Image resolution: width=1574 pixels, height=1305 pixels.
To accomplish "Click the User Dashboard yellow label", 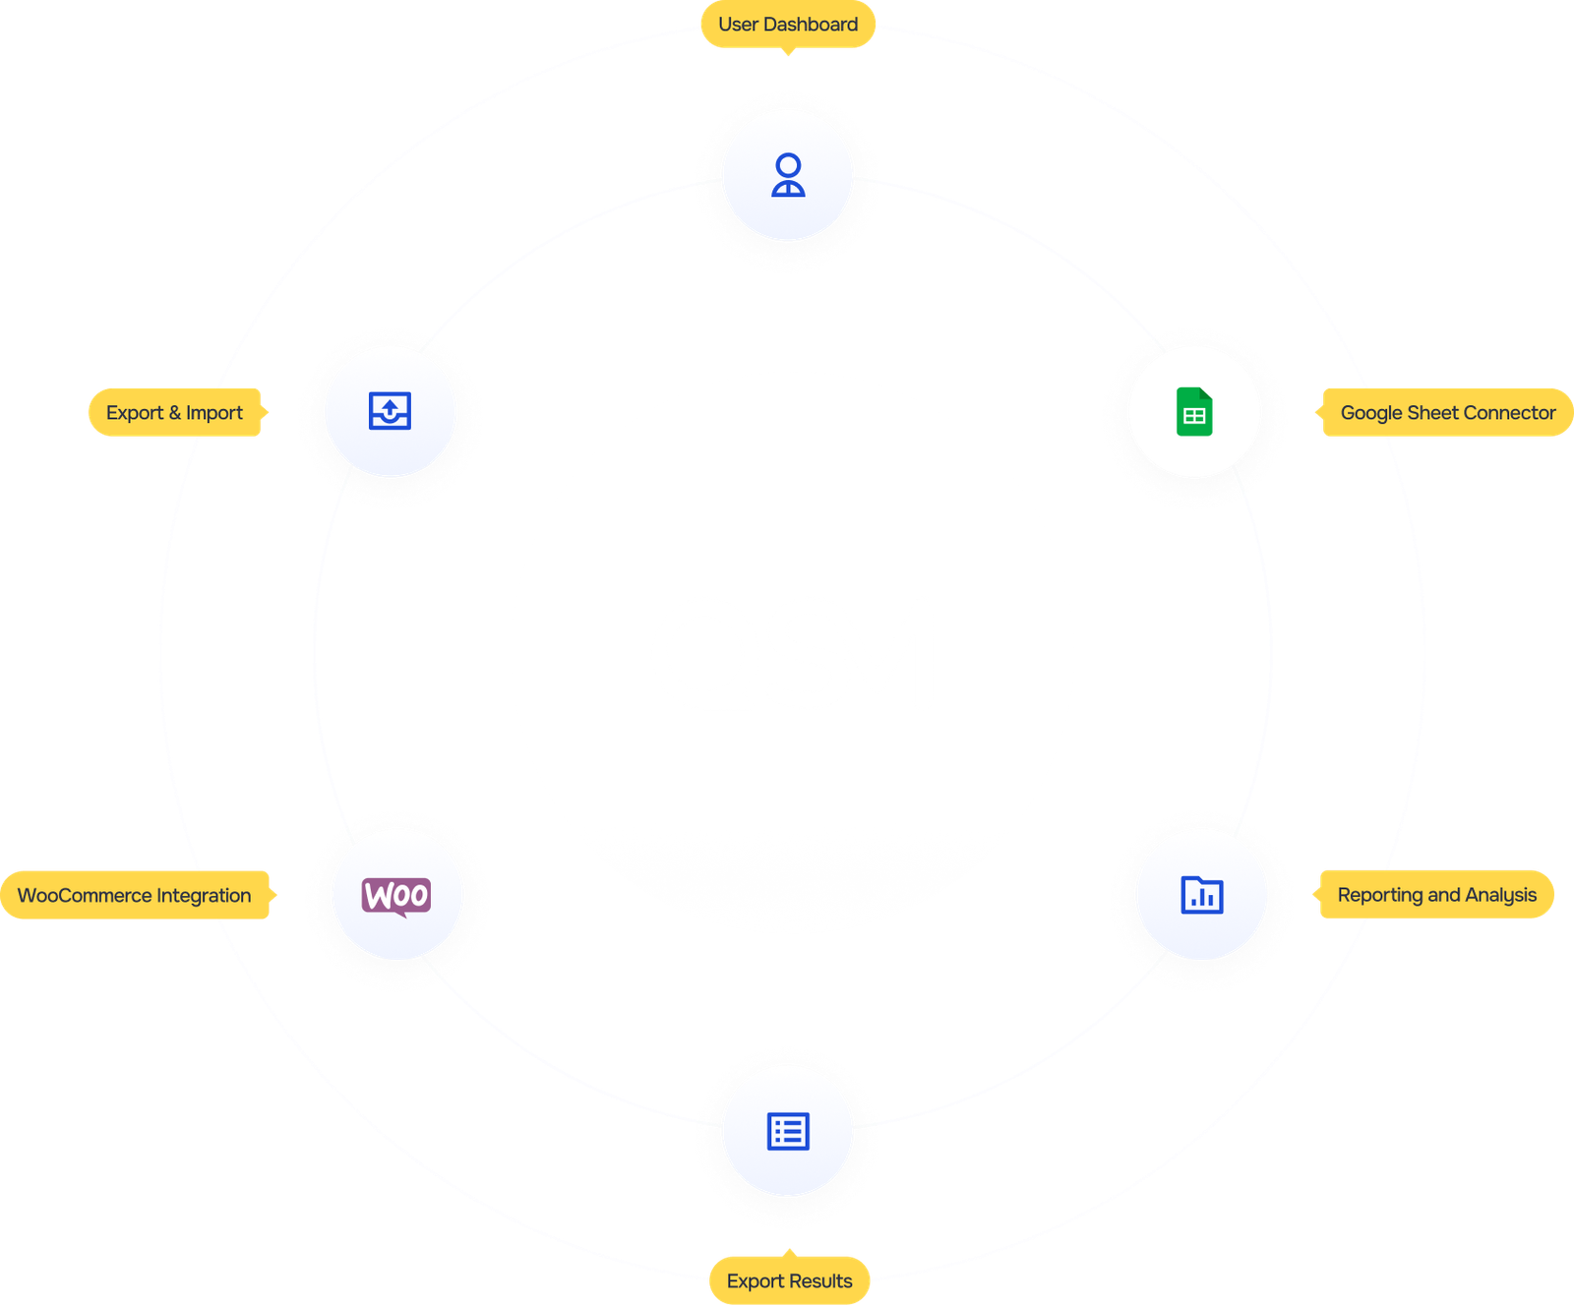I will click(x=787, y=25).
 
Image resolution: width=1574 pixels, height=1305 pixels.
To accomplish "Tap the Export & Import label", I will click(x=175, y=413).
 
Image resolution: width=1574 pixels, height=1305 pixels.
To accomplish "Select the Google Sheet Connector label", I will click(x=1447, y=413).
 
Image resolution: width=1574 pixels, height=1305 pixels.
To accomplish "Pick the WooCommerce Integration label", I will click(x=135, y=895).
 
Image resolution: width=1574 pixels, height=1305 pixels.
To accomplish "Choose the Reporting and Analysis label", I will click(x=1436, y=894).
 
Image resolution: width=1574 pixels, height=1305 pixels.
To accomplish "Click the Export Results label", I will click(x=789, y=1280).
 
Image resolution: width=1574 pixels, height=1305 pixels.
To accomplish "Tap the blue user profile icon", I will click(x=788, y=175).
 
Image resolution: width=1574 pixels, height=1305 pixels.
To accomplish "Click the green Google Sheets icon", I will click(x=1194, y=411).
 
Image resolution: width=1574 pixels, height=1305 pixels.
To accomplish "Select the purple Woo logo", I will click(x=396, y=896).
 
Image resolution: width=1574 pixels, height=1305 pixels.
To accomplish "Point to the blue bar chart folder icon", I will click(x=1201, y=895).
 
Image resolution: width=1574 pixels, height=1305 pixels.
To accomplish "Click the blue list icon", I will click(x=788, y=1131).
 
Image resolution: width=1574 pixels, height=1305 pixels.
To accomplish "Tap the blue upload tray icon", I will click(x=390, y=411).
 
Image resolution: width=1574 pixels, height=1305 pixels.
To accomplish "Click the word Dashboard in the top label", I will click(x=811, y=25).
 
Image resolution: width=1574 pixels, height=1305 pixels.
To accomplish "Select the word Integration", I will click(x=204, y=895).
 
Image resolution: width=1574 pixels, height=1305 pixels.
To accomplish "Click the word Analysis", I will click(x=1500, y=895).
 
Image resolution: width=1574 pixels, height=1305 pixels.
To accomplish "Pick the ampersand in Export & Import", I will click(x=175, y=413).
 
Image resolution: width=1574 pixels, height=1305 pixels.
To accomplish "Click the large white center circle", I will click(x=792, y=652).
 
